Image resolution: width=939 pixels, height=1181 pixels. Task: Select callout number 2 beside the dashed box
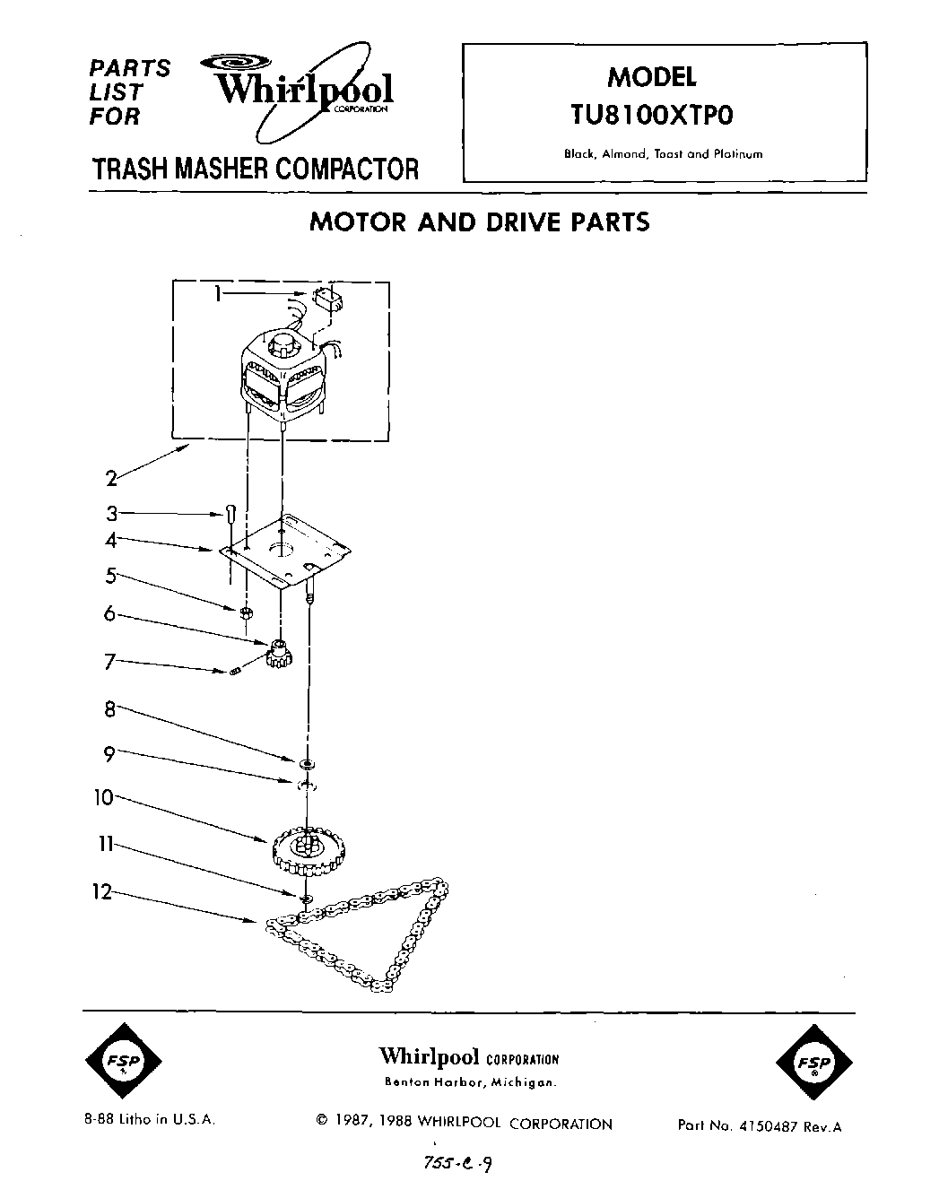111,478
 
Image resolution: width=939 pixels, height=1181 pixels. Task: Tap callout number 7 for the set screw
110,663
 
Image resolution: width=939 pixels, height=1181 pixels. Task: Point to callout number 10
106,796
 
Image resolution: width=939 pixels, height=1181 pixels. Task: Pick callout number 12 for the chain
106,892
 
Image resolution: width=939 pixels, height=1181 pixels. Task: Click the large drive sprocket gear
306,850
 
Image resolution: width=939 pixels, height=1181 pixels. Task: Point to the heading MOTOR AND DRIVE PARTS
479,222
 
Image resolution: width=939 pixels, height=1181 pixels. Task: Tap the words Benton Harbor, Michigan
470,1082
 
